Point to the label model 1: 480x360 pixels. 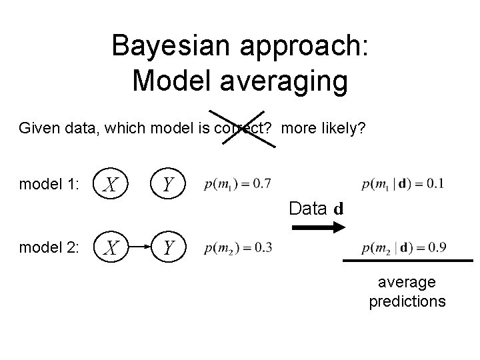[49, 185]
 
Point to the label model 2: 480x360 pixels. [49, 248]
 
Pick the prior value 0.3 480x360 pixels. [262, 248]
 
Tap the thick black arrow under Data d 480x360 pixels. [317, 228]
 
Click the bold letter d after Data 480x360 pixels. [339, 209]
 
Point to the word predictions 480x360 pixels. [407, 301]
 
